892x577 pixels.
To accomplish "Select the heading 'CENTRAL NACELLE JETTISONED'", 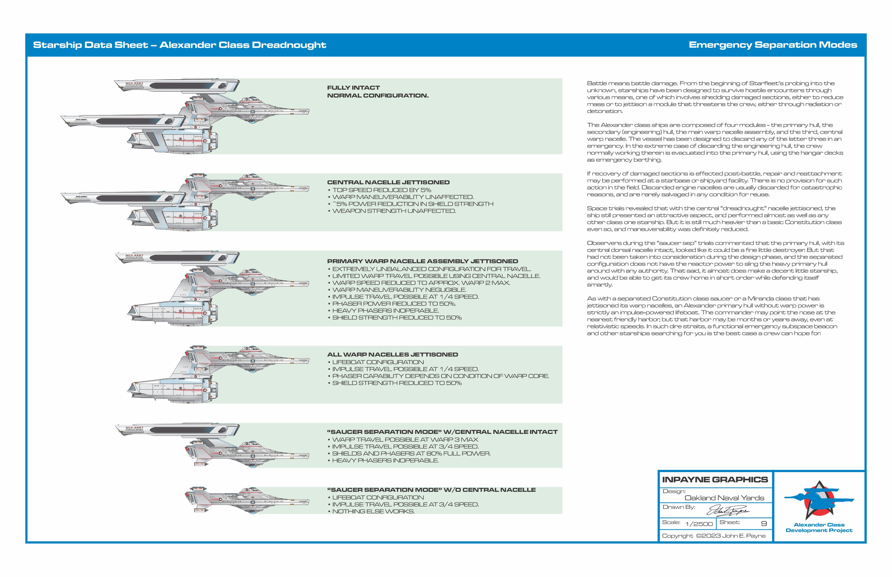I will [x=388, y=182].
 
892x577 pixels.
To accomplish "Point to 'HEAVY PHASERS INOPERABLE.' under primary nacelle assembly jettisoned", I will [x=385, y=311].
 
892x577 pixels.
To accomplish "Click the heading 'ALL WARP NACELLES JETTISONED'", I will [x=392, y=354].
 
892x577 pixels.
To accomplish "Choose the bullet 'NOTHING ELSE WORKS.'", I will [x=373, y=511].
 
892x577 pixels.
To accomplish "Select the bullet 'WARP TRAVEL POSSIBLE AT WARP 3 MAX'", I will [x=405, y=439].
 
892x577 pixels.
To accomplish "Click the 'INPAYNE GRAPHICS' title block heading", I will [x=715, y=479].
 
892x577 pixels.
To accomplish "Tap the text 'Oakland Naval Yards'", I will [x=724, y=498].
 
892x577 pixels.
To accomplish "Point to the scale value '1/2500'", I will [x=699, y=524].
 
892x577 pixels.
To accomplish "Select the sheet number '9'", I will [x=763, y=524].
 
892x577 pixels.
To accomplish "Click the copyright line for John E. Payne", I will [x=714, y=536].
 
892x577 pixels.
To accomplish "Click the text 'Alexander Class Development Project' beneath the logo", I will [x=819, y=527].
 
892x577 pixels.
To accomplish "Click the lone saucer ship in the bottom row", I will [x=247, y=500].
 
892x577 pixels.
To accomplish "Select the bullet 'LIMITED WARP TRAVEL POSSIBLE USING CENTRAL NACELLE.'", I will [x=436, y=276].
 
